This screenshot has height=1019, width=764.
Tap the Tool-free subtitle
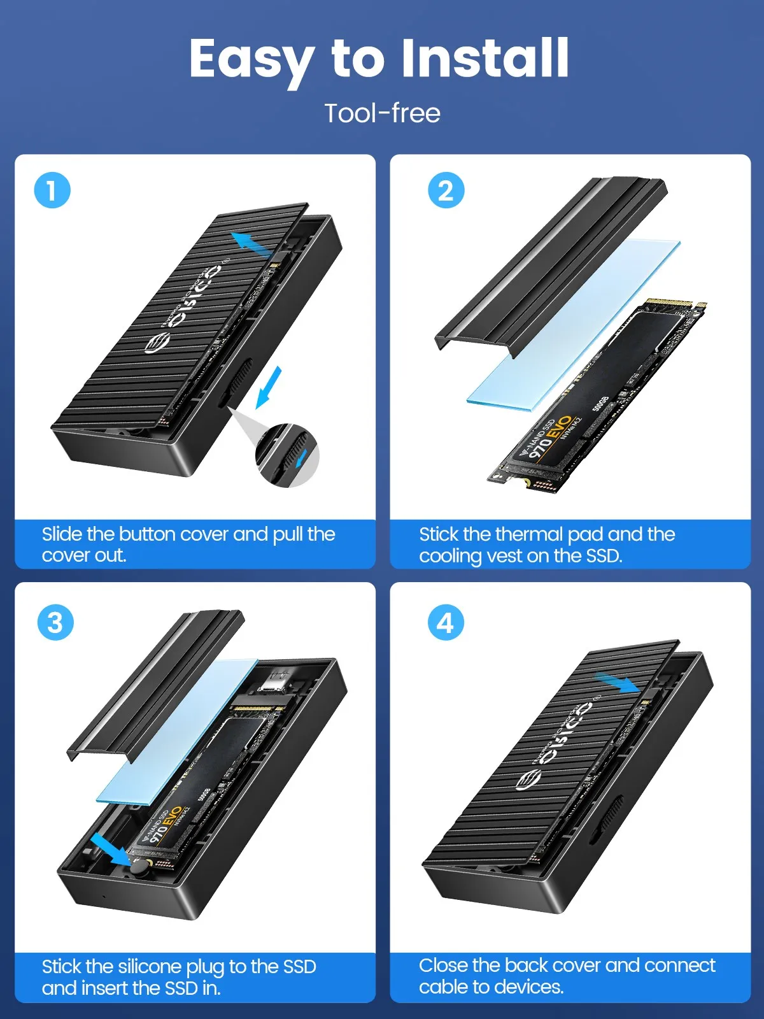382,113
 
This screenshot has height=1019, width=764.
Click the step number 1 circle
52,190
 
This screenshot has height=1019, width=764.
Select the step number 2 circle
446,190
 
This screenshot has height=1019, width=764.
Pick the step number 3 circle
55,622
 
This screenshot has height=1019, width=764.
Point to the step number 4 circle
445,622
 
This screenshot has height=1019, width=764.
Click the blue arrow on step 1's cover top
250,244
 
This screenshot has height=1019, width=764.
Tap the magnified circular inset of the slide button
287,455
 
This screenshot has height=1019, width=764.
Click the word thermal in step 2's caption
529,534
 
